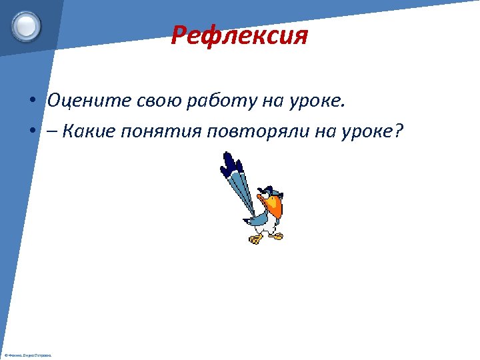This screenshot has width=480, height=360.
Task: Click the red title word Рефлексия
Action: pyautogui.click(x=239, y=35)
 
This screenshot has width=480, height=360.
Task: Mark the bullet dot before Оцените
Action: pyautogui.click(x=32, y=101)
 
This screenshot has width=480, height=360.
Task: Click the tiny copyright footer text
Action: pyautogui.click(x=28, y=355)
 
